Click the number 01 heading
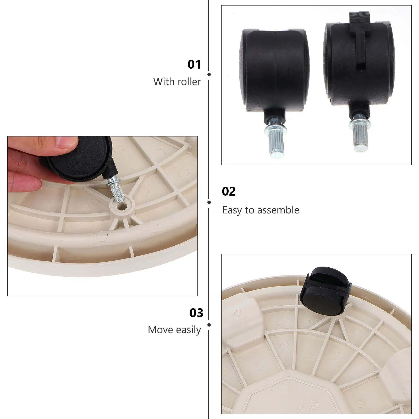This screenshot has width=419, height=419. pos(194,64)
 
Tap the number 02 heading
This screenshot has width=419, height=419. pos(229,191)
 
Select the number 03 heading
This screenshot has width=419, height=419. pos(196,313)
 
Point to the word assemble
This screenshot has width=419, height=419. pos(278,210)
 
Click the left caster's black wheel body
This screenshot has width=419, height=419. pos(274,71)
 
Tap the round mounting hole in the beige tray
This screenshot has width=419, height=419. pos(121,206)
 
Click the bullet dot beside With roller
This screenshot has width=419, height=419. pos(209,75)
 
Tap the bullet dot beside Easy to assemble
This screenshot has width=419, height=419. pos(209,202)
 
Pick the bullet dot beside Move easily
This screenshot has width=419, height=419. pos(209,325)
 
